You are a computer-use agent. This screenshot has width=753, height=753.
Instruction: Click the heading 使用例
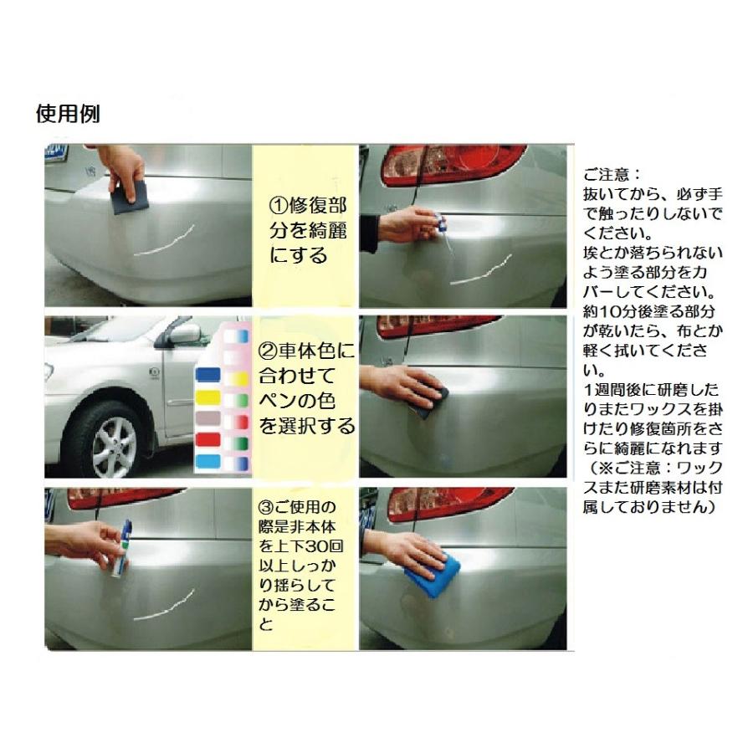[x=69, y=115]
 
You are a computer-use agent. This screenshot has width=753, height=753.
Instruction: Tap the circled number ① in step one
[x=279, y=206]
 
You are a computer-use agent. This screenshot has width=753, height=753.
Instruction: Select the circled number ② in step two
[x=268, y=351]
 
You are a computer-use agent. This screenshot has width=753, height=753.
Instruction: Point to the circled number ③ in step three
[x=265, y=507]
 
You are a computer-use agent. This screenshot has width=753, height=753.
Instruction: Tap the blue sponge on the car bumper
[x=433, y=572]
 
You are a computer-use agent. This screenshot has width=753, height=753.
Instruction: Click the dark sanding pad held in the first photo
[x=130, y=197]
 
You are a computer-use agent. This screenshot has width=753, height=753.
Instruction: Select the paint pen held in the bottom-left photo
[x=121, y=548]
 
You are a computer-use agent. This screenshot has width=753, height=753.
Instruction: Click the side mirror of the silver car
[x=183, y=333]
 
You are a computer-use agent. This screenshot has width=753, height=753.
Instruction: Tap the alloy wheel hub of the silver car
[x=115, y=447]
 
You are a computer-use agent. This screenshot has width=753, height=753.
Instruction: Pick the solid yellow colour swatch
[x=208, y=397]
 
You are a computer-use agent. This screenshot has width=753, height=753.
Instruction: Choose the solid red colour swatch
[x=208, y=439]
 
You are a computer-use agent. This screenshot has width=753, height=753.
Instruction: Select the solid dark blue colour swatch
[x=208, y=375]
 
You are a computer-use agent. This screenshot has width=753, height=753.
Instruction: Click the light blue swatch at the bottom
[x=208, y=462]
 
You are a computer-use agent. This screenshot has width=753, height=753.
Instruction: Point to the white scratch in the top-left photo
[x=163, y=242]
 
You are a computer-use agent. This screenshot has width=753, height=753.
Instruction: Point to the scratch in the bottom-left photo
[x=163, y=605]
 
